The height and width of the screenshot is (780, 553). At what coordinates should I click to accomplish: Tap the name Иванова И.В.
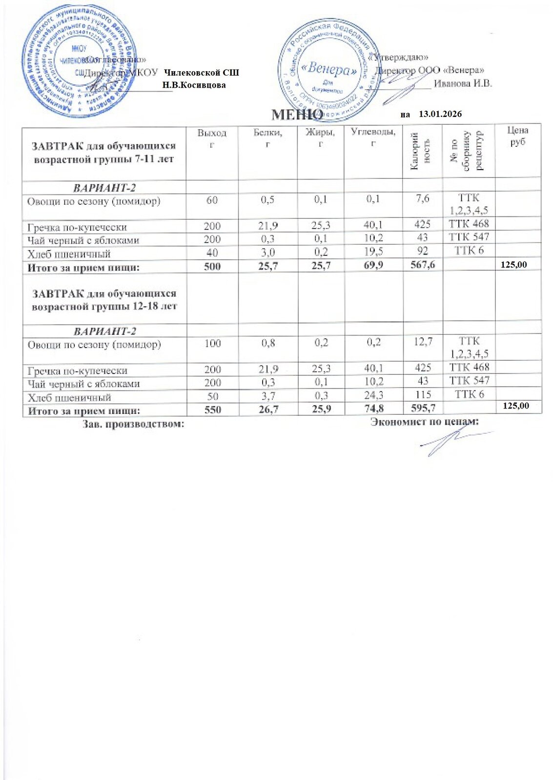[463, 83]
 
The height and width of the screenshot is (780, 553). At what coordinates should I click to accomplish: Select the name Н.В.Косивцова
[194, 85]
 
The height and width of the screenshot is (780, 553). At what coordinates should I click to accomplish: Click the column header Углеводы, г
[373, 136]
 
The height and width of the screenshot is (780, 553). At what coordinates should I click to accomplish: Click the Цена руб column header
[517, 136]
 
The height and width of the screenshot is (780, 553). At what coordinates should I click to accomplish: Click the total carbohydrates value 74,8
[374, 409]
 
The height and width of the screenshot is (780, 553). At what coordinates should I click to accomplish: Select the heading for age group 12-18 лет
[104, 300]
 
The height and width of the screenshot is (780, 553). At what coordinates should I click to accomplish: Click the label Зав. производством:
[133, 424]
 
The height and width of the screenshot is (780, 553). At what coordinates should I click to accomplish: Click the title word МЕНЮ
[296, 115]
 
